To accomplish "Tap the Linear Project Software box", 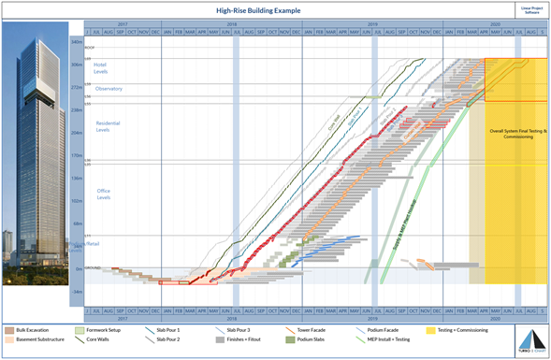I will (x=529, y=9).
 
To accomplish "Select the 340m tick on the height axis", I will (x=76, y=42).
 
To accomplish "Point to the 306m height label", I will (x=76, y=65).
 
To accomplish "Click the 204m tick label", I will (x=76, y=133).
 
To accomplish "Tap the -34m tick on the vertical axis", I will (x=76, y=292).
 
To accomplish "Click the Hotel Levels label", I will (x=100, y=67).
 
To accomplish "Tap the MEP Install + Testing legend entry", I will (x=389, y=341).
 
